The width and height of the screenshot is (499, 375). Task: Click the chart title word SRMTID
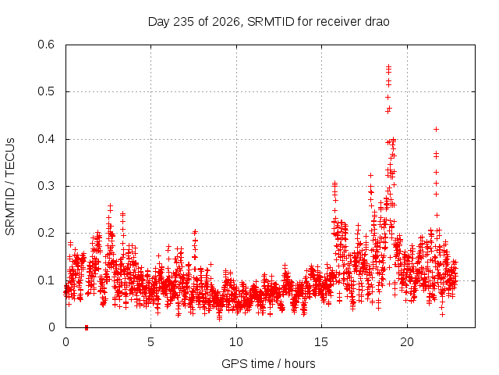click(x=271, y=22)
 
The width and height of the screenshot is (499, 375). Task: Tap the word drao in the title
click(x=377, y=22)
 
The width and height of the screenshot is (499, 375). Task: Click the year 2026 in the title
click(x=226, y=23)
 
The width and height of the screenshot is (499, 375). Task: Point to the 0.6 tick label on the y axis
click(x=46, y=45)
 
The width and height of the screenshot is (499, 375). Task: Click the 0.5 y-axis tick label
click(x=46, y=91)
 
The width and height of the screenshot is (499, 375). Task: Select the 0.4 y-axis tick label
click(x=46, y=139)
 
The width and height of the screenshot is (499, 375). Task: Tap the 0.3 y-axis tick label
click(x=46, y=186)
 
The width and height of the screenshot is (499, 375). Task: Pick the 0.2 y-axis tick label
click(x=46, y=233)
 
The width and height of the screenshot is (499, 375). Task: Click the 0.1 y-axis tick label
click(x=46, y=280)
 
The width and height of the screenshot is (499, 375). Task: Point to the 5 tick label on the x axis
click(x=150, y=342)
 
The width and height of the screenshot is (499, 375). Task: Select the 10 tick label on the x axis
click(x=236, y=342)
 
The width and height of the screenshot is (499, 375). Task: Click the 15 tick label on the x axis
click(x=321, y=342)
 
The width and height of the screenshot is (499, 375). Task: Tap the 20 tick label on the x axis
click(x=407, y=342)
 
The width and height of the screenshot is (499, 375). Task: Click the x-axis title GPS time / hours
click(x=268, y=364)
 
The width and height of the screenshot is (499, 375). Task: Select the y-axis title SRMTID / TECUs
click(x=10, y=187)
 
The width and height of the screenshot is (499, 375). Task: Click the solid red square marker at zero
click(x=87, y=328)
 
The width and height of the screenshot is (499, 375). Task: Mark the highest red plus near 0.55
click(x=388, y=66)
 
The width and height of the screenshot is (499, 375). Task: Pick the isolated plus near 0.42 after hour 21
click(x=437, y=129)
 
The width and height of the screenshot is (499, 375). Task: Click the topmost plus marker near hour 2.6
click(x=111, y=206)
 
